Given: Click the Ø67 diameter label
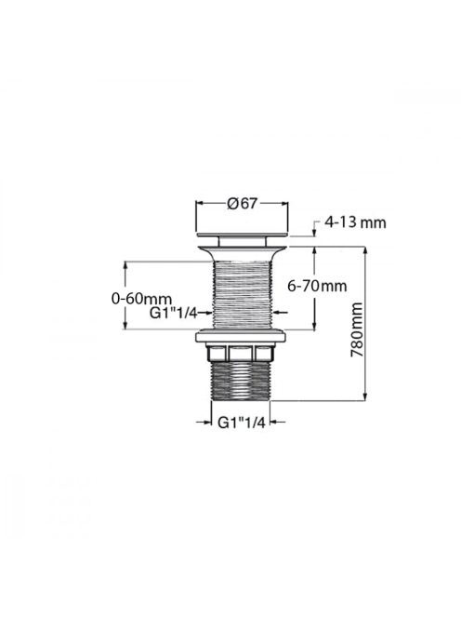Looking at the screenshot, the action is coord(242,204).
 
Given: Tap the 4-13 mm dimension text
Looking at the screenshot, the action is coord(355,223).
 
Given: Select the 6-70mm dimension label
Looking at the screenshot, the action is coord(317,286).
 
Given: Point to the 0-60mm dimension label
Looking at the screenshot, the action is coord(141,299).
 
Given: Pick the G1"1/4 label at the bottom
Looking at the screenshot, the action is coord(241,423).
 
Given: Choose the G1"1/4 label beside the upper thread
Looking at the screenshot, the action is coord(173,313).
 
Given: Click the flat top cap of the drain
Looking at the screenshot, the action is coord(242,235).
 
